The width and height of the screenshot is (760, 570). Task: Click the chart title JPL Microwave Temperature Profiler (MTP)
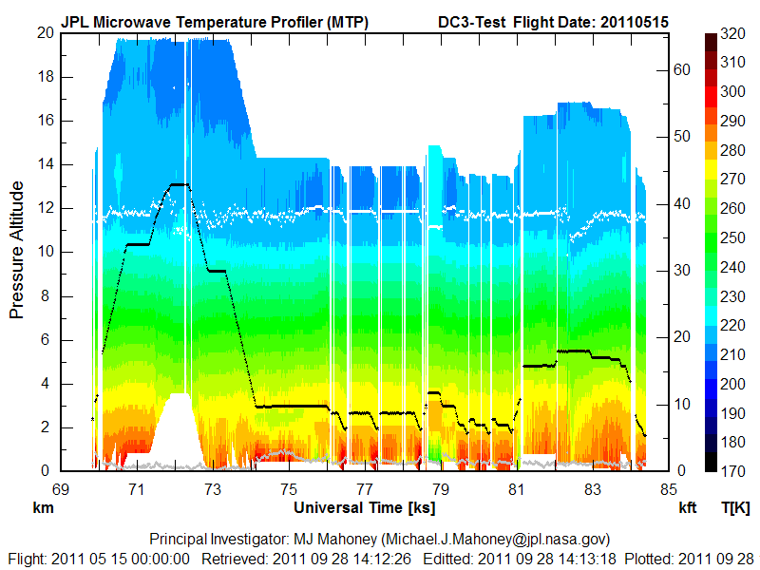tap(215, 21)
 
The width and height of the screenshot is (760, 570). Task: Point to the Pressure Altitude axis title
tap(16, 252)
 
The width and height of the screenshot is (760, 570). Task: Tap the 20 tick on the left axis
tap(45, 32)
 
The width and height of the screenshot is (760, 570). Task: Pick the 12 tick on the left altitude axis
tap(45, 208)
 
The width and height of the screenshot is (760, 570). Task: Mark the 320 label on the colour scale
tap(732, 33)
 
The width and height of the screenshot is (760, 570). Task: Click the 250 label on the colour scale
tap(732, 237)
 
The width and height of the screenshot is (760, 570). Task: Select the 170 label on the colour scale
tap(732, 471)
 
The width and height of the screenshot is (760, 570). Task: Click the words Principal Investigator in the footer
tap(204, 540)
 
